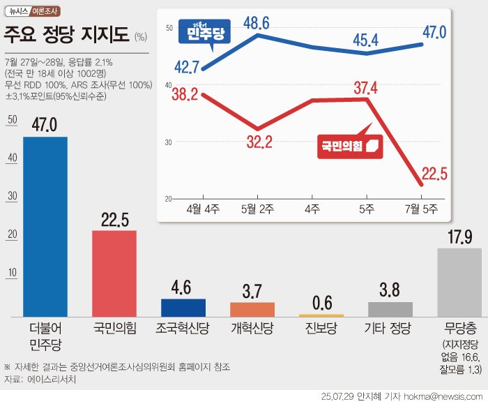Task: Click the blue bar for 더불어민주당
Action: pyautogui.click(x=45, y=227)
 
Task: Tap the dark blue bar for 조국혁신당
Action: pyautogui.click(x=183, y=308)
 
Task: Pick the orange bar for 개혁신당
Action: pyautogui.click(x=252, y=309)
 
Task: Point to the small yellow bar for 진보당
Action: pyautogui.click(x=321, y=315)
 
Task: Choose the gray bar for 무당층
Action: pyautogui.click(x=459, y=282)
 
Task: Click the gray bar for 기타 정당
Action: pyautogui.click(x=390, y=309)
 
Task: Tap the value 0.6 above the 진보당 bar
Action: pyautogui.click(x=321, y=304)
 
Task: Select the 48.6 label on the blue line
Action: pyautogui.click(x=257, y=22)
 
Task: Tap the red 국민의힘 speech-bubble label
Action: pyautogui.click(x=351, y=145)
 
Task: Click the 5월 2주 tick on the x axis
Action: pyautogui.click(x=257, y=208)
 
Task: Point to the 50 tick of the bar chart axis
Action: pyautogui.click(x=10, y=120)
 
